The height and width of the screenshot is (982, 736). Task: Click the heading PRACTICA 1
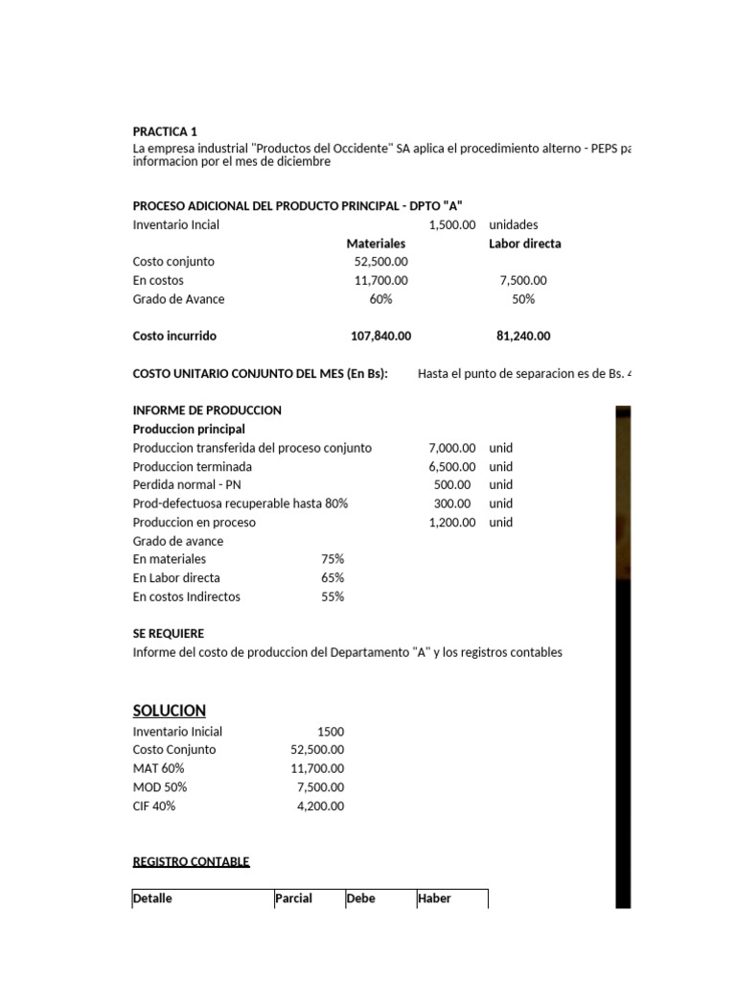coord(165,131)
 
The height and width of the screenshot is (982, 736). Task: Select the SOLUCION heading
coord(169,711)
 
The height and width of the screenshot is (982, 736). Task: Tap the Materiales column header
coord(376,244)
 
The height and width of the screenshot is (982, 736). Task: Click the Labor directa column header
coord(524,244)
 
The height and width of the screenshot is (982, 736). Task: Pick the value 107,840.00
coord(380,337)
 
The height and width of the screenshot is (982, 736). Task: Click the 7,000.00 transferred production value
coord(451,448)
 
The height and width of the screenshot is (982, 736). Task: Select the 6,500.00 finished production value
coord(451,466)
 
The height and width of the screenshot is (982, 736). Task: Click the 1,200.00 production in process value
coord(451,523)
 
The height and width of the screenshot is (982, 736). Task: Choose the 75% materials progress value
coord(333,559)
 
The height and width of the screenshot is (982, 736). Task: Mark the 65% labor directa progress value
coord(333,578)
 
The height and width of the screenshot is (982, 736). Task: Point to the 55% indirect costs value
coord(333,596)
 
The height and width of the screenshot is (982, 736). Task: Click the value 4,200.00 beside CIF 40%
coord(321,807)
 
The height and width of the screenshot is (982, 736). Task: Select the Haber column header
coord(434,899)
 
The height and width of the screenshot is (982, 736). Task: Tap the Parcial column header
coord(293,899)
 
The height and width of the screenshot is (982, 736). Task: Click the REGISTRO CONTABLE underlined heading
coord(191,862)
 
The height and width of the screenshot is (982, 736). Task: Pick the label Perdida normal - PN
coord(188,485)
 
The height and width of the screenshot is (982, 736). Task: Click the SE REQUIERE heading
coord(168,634)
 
